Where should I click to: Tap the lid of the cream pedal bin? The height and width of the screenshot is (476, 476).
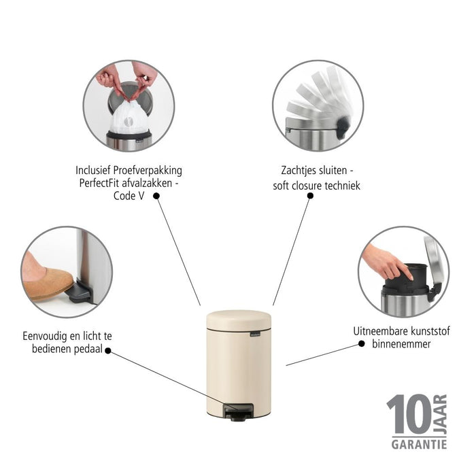pyautogui.click(x=238, y=319)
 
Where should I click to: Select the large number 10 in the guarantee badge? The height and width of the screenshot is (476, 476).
pyautogui.click(x=408, y=415)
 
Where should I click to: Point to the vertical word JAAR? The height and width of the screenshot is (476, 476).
pyautogui.click(x=440, y=413)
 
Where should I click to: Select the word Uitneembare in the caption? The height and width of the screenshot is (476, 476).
pyautogui.click(x=383, y=331)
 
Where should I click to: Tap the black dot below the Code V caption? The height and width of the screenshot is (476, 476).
pyautogui.click(x=156, y=196)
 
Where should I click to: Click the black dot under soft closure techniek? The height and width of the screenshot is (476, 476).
pyautogui.click(x=310, y=196)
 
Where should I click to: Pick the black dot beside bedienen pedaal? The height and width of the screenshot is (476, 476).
pyautogui.click(x=107, y=352)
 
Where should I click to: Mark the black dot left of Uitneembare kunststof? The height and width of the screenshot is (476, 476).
pyautogui.click(x=360, y=344)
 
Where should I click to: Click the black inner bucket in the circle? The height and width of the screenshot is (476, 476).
pyautogui.click(x=407, y=278)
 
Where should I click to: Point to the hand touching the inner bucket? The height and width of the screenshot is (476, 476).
pyautogui.click(x=387, y=261)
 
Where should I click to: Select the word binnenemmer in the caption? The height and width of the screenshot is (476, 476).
pyautogui.click(x=401, y=344)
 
